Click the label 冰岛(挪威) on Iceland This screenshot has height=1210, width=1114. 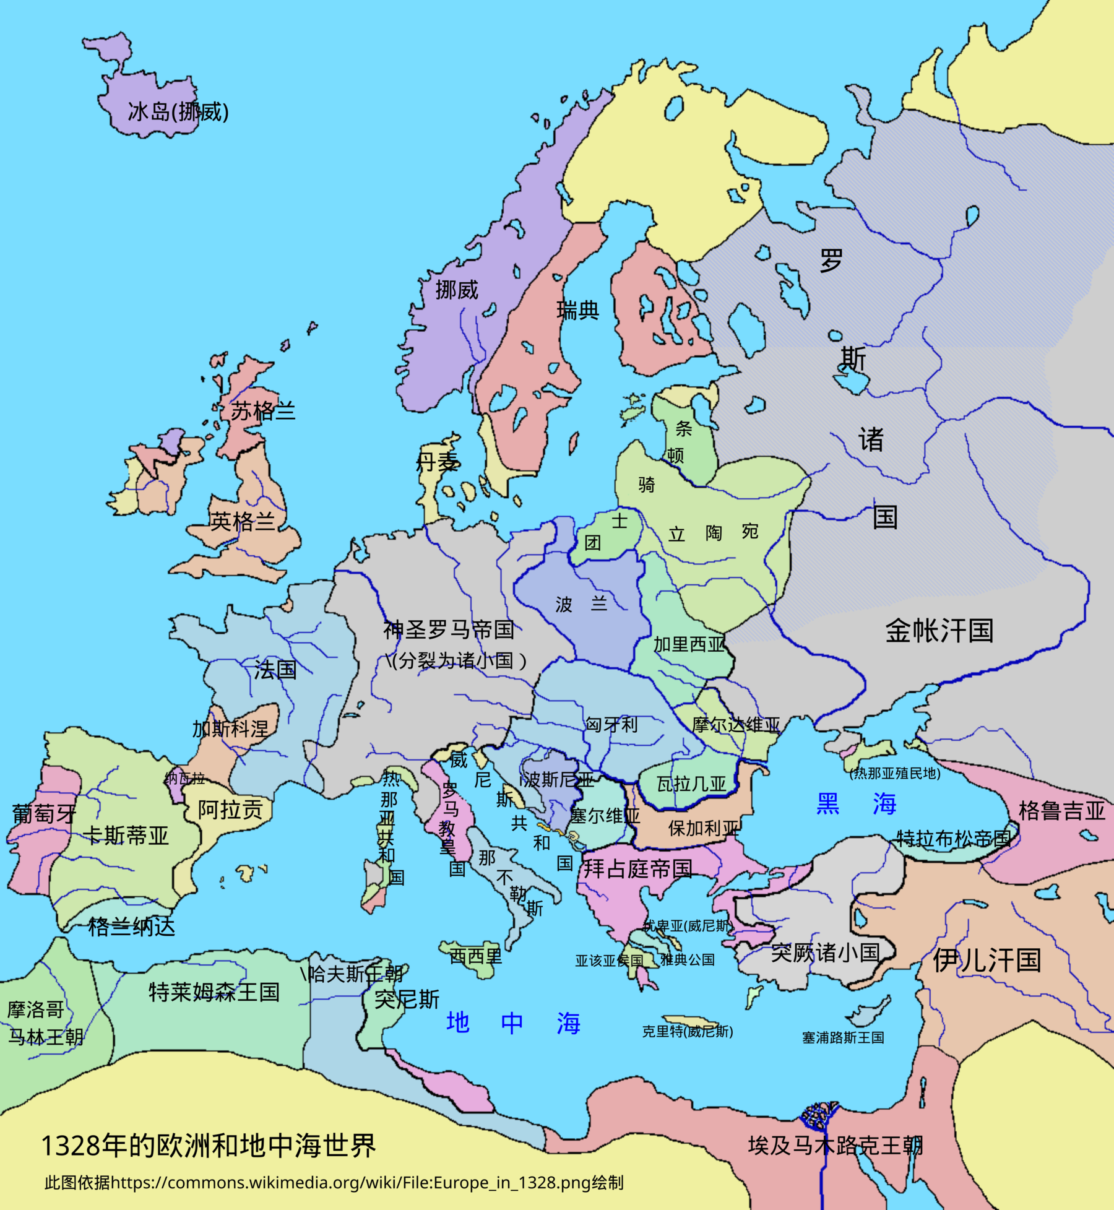click(178, 112)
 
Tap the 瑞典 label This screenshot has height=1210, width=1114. click(577, 310)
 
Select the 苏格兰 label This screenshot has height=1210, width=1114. click(262, 411)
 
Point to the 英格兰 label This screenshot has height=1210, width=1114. click(242, 522)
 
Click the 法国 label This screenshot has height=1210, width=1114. click(275, 670)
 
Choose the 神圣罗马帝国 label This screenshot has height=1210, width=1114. click(449, 630)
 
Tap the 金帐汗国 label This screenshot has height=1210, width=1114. click(939, 631)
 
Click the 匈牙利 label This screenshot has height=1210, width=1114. click(611, 724)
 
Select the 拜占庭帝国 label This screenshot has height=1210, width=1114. click(638, 869)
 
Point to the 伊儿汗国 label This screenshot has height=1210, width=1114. click(987, 961)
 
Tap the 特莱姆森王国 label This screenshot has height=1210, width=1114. click(214, 992)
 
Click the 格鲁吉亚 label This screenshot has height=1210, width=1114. click(1061, 810)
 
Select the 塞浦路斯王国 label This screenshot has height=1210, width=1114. click(843, 1038)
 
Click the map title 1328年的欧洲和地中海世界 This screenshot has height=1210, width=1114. click(209, 1146)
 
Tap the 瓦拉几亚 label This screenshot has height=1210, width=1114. click(691, 785)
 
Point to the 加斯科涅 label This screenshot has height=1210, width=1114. click(230, 728)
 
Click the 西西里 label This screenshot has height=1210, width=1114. click(475, 956)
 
